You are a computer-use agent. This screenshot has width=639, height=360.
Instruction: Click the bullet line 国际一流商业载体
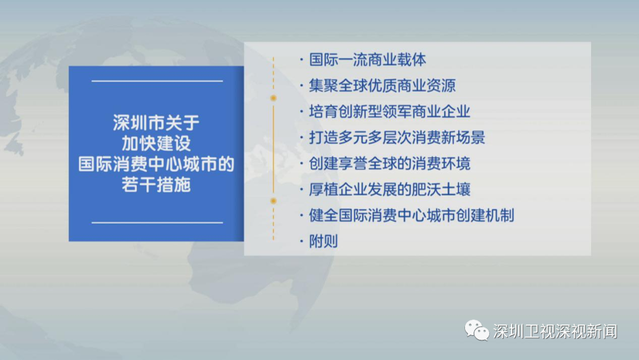[x=367, y=60]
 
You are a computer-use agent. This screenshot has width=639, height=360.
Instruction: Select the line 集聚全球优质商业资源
[x=382, y=86]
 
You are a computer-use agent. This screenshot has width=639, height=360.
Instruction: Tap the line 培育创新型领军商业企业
[x=389, y=112]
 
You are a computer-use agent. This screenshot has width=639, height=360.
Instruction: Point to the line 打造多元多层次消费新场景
[x=396, y=138]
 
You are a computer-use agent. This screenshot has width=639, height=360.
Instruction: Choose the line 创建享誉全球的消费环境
[x=389, y=163]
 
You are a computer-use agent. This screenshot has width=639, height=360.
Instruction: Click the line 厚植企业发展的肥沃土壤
[x=389, y=189]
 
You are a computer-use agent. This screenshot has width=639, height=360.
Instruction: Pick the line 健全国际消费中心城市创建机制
[x=411, y=216]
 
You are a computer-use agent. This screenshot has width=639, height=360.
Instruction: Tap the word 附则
[x=323, y=242]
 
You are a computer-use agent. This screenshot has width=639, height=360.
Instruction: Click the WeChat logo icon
[x=476, y=330]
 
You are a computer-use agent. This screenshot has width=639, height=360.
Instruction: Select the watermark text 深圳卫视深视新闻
[x=555, y=332]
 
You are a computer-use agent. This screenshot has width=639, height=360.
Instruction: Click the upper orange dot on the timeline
[x=273, y=98]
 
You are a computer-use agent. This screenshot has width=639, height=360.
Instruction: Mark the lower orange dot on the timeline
[x=273, y=201]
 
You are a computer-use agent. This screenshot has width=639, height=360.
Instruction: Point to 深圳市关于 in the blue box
[x=156, y=123]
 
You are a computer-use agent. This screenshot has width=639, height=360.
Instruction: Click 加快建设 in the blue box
[x=156, y=143]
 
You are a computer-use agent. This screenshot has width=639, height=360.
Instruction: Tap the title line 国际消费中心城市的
[x=156, y=164]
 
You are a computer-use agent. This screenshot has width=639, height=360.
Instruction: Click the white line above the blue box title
[x=157, y=81]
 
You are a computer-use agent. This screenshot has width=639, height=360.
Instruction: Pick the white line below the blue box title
[x=157, y=223]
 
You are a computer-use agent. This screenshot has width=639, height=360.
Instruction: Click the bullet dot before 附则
[x=302, y=242]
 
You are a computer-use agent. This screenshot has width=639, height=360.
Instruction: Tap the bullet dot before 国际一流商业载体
[x=302, y=60]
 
